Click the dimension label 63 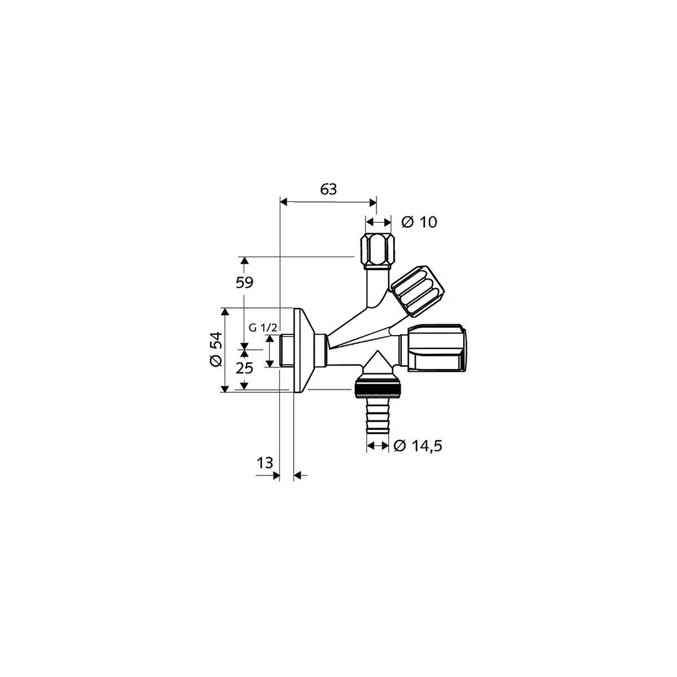click(328, 190)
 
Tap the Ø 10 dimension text click(419, 222)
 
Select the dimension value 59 click(244, 283)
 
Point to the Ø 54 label click(216, 349)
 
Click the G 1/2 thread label click(263, 328)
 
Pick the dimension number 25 click(244, 368)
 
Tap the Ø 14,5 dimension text click(417, 446)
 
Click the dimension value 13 click(265, 463)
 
